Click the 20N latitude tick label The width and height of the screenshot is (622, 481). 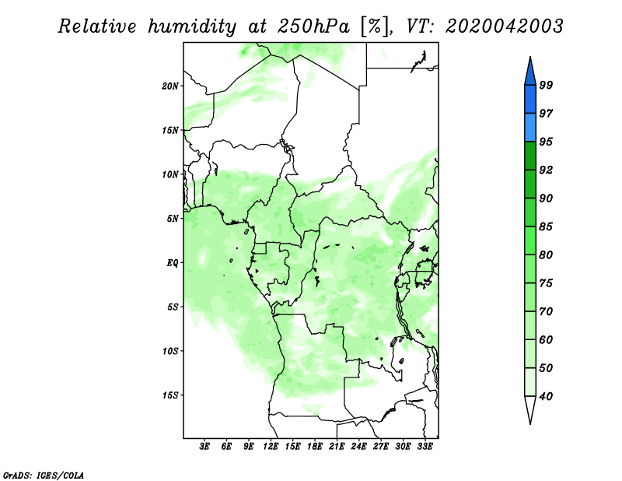(170, 86)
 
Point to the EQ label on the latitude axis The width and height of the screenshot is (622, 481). (173, 263)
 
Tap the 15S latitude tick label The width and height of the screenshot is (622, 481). (171, 395)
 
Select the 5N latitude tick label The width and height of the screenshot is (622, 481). (173, 219)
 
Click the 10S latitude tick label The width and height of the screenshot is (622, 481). (171, 351)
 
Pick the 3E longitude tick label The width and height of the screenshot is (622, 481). (204, 446)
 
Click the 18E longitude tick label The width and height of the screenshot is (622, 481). (315, 446)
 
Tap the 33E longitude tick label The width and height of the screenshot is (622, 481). (425, 446)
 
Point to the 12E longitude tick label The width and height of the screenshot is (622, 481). (271, 446)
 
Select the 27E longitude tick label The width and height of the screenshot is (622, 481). (381, 446)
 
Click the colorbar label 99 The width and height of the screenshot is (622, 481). (546, 85)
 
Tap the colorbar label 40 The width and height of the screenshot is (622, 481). (546, 396)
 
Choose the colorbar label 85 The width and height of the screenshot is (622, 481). (546, 226)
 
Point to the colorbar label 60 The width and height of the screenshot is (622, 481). (546, 339)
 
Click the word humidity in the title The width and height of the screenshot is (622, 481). (191, 26)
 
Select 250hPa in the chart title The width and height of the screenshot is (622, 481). (313, 26)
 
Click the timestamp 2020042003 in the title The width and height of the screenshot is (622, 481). (505, 26)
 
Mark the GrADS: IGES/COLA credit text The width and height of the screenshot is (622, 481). (44, 475)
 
